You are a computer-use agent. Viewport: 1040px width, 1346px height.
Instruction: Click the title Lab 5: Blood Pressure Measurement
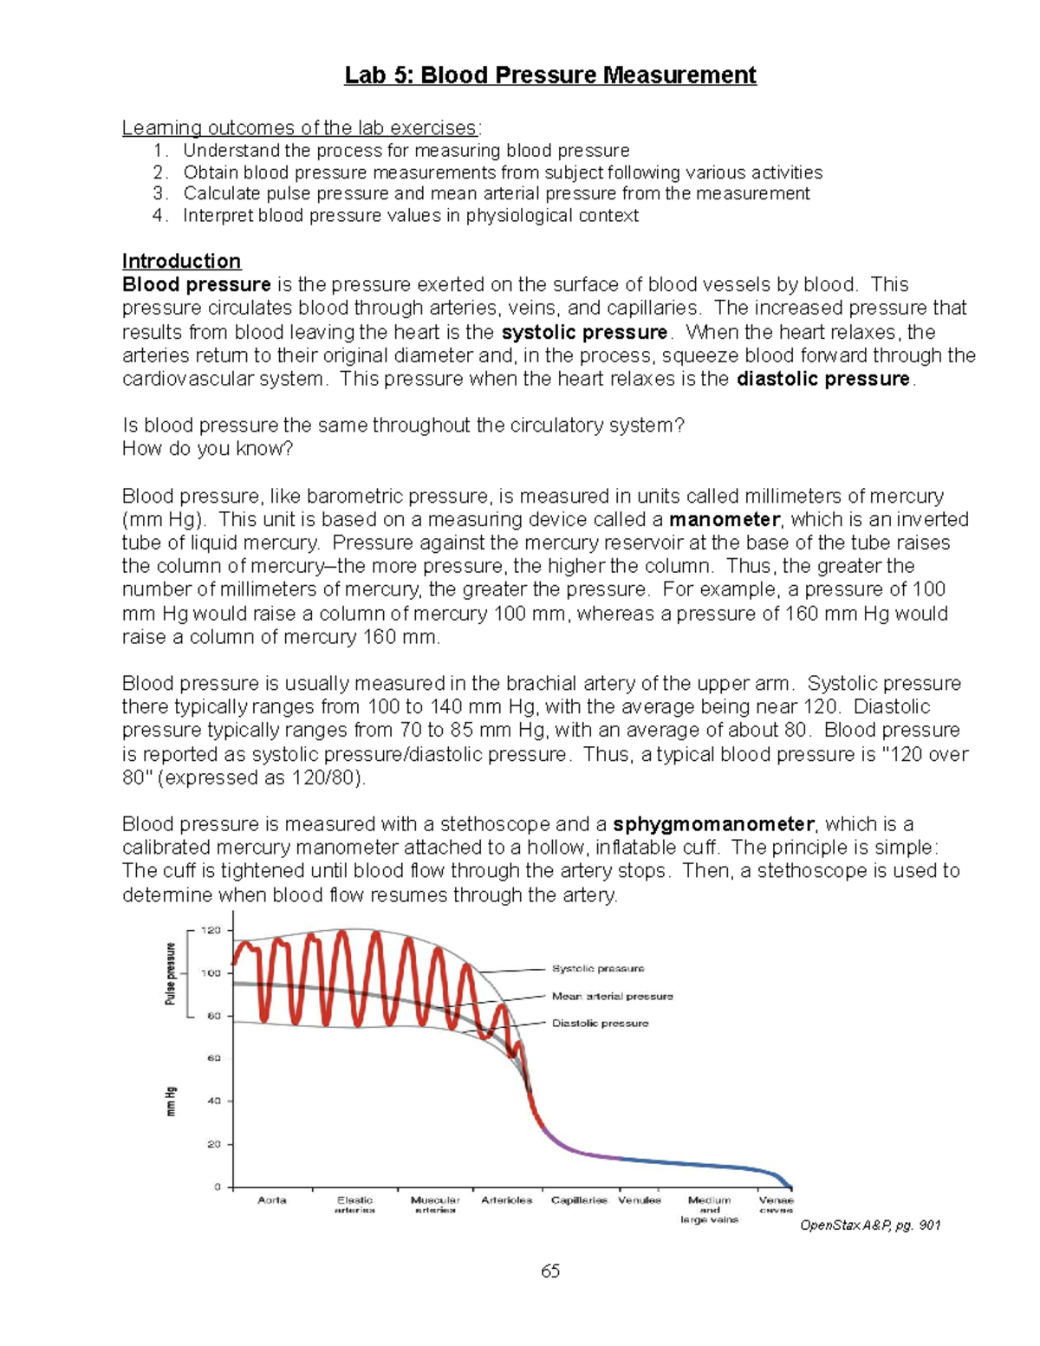(x=550, y=75)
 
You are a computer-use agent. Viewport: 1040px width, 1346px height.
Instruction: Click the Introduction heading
(x=181, y=261)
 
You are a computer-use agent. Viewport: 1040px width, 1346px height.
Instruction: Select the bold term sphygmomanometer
(x=713, y=823)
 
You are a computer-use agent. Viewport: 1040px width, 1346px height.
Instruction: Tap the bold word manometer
(x=725, y=519)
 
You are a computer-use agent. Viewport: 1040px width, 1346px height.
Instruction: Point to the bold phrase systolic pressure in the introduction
(x=585, y=332)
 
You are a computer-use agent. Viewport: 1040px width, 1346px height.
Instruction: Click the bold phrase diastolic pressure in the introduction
(x=822, y=379)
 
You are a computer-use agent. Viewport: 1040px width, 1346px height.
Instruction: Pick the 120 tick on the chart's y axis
(x=211, y=930)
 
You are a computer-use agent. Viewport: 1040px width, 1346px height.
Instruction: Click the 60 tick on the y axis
(x=213, y=1058)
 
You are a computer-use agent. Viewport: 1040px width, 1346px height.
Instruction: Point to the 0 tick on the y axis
(x=218, y=1187)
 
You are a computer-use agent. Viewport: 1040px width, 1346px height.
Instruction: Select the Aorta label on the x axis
(x=272, y=1200)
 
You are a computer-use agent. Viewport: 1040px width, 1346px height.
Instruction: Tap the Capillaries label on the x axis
(x=579, y=1200)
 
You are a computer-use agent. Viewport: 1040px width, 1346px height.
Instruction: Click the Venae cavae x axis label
(x=776, y=1205)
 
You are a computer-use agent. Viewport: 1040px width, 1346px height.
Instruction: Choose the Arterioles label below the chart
(x=506, y=1200)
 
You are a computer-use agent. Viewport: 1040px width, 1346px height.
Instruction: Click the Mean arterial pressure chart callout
(x=612, y=996)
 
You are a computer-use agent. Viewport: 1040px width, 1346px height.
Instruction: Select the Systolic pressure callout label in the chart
(x=598, y=968)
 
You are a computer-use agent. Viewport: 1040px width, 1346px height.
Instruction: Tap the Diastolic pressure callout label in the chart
(x=600, y=1024)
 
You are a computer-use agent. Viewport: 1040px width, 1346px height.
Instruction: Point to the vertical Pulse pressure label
(x=171, y=973)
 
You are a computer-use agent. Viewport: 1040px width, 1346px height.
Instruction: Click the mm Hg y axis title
(x=172, y=1101)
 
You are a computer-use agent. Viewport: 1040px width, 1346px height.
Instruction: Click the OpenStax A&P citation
(x=869, y=1225)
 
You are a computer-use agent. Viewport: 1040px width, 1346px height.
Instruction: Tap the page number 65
(x=550, y=1271)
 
